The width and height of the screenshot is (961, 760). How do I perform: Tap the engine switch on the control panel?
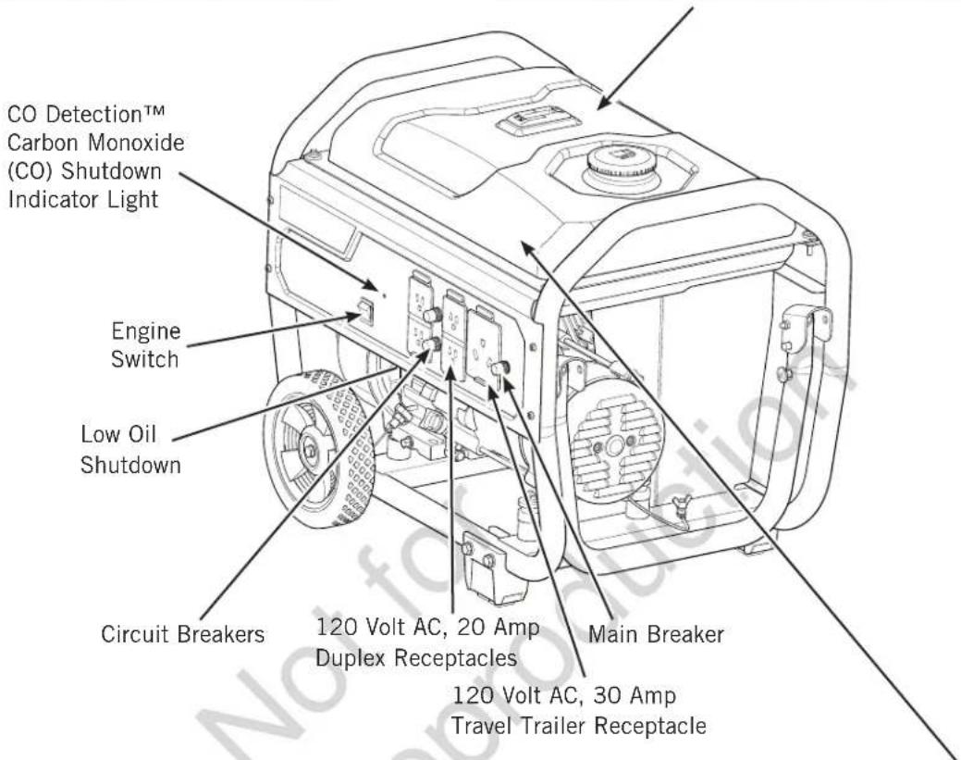(x=366, y=312)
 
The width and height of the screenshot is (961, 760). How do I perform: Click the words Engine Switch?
(x=146, y=344)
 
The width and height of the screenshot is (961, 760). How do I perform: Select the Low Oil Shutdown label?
(x=130, y=450)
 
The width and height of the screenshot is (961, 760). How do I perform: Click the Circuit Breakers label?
(x=182, y=634)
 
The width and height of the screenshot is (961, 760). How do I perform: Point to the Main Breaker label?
(x=656, y=634)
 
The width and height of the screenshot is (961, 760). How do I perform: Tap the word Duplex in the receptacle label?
(x=351, y=659)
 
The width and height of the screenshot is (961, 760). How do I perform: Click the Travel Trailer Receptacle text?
(x=579, y=727)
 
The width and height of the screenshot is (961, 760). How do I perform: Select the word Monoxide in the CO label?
(x=136, y=143)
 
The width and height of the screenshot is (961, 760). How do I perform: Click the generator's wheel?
(x=319, y=448)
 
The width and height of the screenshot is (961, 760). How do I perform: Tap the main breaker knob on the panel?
(x=502, y=368)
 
